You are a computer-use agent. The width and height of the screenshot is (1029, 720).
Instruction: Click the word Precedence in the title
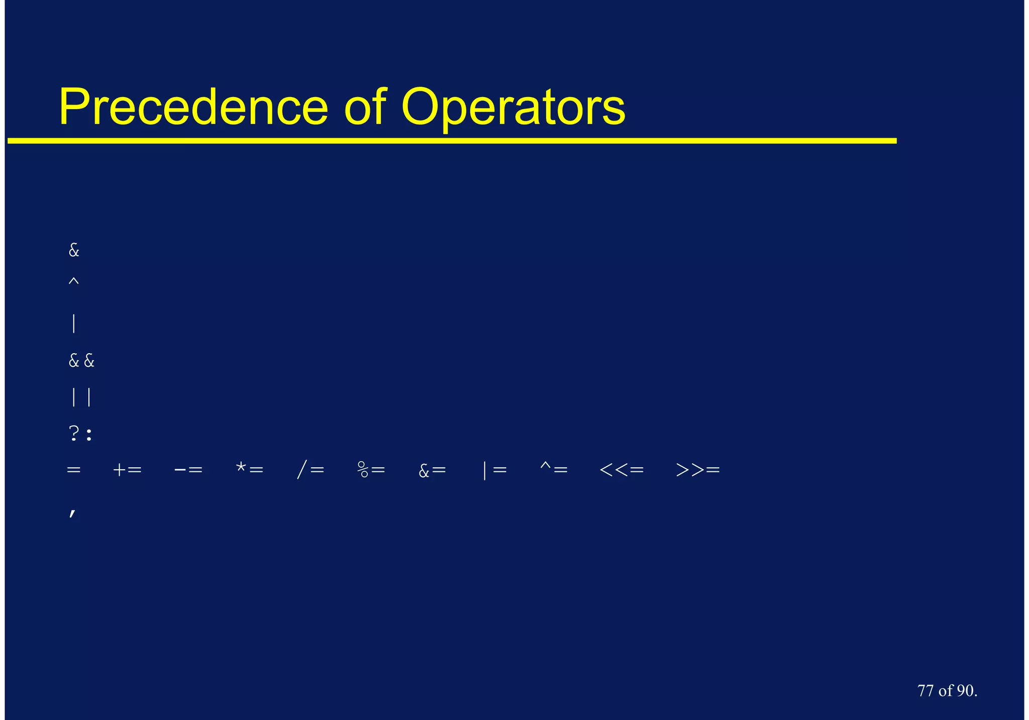point(193,107)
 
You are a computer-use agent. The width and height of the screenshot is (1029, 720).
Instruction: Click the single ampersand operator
point(74,250)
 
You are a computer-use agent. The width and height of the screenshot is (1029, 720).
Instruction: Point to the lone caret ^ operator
point(74,282)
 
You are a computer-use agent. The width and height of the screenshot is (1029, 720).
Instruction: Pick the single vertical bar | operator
point(74,324)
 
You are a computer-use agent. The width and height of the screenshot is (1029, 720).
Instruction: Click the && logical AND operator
point(81,361)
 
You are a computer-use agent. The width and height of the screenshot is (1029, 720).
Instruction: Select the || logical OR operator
point(81,397)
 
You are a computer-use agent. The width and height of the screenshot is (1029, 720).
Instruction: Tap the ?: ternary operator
point(81,434)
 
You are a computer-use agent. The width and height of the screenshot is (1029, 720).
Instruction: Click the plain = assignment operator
point(74,470)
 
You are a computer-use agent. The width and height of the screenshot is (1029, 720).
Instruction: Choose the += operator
point(128,470)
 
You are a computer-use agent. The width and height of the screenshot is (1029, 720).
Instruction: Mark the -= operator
point(188,470)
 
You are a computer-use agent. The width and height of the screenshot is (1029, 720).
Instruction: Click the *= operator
point(250,470)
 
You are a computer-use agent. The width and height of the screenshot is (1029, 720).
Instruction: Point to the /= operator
point(311,470)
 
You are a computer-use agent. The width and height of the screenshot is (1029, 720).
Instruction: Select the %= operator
point(371,470)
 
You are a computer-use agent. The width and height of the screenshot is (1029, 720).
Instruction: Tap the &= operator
point(432,470)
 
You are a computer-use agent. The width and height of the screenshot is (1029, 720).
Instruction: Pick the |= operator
point(494,470)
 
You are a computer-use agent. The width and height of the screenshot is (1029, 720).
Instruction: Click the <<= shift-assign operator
point(622,470)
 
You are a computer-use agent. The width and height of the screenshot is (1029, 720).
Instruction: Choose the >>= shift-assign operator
point(698,470)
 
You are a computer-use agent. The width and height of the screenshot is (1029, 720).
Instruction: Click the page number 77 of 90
point(947,691)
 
